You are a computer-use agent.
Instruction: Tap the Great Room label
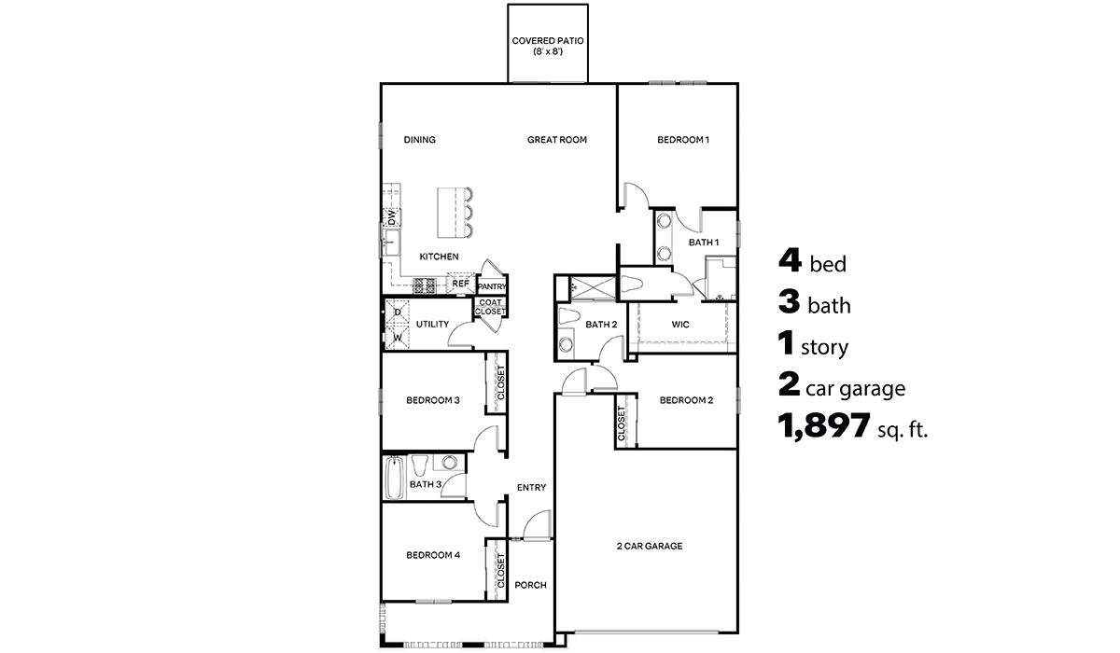point(556,140)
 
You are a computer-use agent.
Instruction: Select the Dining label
point(419,140)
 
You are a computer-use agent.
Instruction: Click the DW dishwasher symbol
point(392,216)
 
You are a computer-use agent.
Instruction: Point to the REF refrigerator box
point(460,284)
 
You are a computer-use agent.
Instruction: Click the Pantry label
point(491,286)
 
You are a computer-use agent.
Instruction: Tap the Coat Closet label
point(491,307)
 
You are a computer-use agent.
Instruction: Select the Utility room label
point(432,325)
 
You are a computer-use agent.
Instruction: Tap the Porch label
point(530,585)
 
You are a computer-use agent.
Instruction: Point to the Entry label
point(531,487)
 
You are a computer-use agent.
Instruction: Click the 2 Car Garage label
point(649,546)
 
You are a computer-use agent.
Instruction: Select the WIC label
point(680,325)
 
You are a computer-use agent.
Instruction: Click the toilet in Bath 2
point(568,316)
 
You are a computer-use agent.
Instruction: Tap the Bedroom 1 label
point(683,140)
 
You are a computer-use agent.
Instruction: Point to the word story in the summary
point(824,348)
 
